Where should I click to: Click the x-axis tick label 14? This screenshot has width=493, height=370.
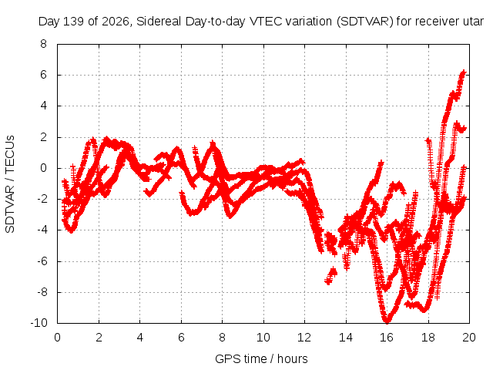(346, 338)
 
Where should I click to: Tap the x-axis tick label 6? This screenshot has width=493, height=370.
(181, 338)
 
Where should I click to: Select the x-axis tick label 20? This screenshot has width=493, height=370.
(469, 338)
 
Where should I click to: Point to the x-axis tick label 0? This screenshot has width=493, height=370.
(57, 338)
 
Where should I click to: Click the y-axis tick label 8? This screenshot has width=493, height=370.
(43, 44)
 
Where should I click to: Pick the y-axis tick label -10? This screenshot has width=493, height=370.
(39, 323)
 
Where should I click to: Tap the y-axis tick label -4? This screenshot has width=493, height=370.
(42, 230)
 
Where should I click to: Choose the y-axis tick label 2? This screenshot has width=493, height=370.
(43, 137)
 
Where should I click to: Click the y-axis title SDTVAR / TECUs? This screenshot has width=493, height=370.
(10, 184)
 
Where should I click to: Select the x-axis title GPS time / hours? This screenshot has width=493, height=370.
(261, 359)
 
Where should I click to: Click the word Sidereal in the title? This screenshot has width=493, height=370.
(159, 22)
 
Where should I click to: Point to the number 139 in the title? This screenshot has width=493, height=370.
(74, 22)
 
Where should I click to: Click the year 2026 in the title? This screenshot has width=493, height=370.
(116, 22)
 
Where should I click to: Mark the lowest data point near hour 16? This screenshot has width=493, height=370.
(387, 321)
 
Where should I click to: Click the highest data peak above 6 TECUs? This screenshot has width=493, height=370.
(464, 72)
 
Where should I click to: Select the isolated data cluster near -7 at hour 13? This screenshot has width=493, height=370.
(331, 276)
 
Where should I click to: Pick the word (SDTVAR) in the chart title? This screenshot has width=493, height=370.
(365, 22)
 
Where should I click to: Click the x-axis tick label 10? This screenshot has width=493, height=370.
(263, 338)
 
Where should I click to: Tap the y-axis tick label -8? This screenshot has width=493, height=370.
(42, 292)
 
